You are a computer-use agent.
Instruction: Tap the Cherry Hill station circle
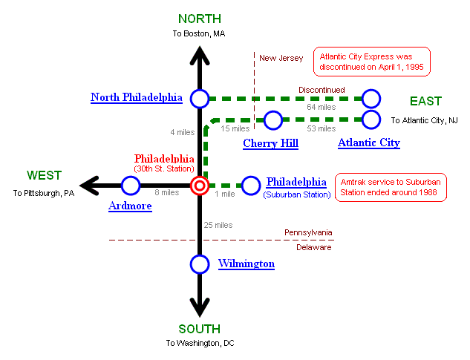[273, 120]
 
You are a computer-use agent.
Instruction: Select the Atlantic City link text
[368, 143]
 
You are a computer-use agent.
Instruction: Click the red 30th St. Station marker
[199, 186]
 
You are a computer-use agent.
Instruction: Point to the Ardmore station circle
[131, 186]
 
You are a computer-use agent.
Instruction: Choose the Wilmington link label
[246, 264]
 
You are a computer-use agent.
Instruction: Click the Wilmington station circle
[199, 264]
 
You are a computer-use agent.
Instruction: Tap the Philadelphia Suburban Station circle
[252, 186]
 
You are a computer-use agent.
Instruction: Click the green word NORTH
[199, 19]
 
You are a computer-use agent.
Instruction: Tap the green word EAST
[425, 101]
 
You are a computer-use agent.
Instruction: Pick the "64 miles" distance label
[322, 108]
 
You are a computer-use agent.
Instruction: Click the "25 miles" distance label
[218, 224]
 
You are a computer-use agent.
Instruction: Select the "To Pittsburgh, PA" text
[44, 193]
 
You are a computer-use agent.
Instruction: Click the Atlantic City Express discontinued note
[373, 61]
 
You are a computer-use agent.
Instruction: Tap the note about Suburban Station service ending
[392, 187]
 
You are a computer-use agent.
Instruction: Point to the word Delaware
[314, 247]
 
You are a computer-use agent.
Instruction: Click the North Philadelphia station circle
[199, 98]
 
